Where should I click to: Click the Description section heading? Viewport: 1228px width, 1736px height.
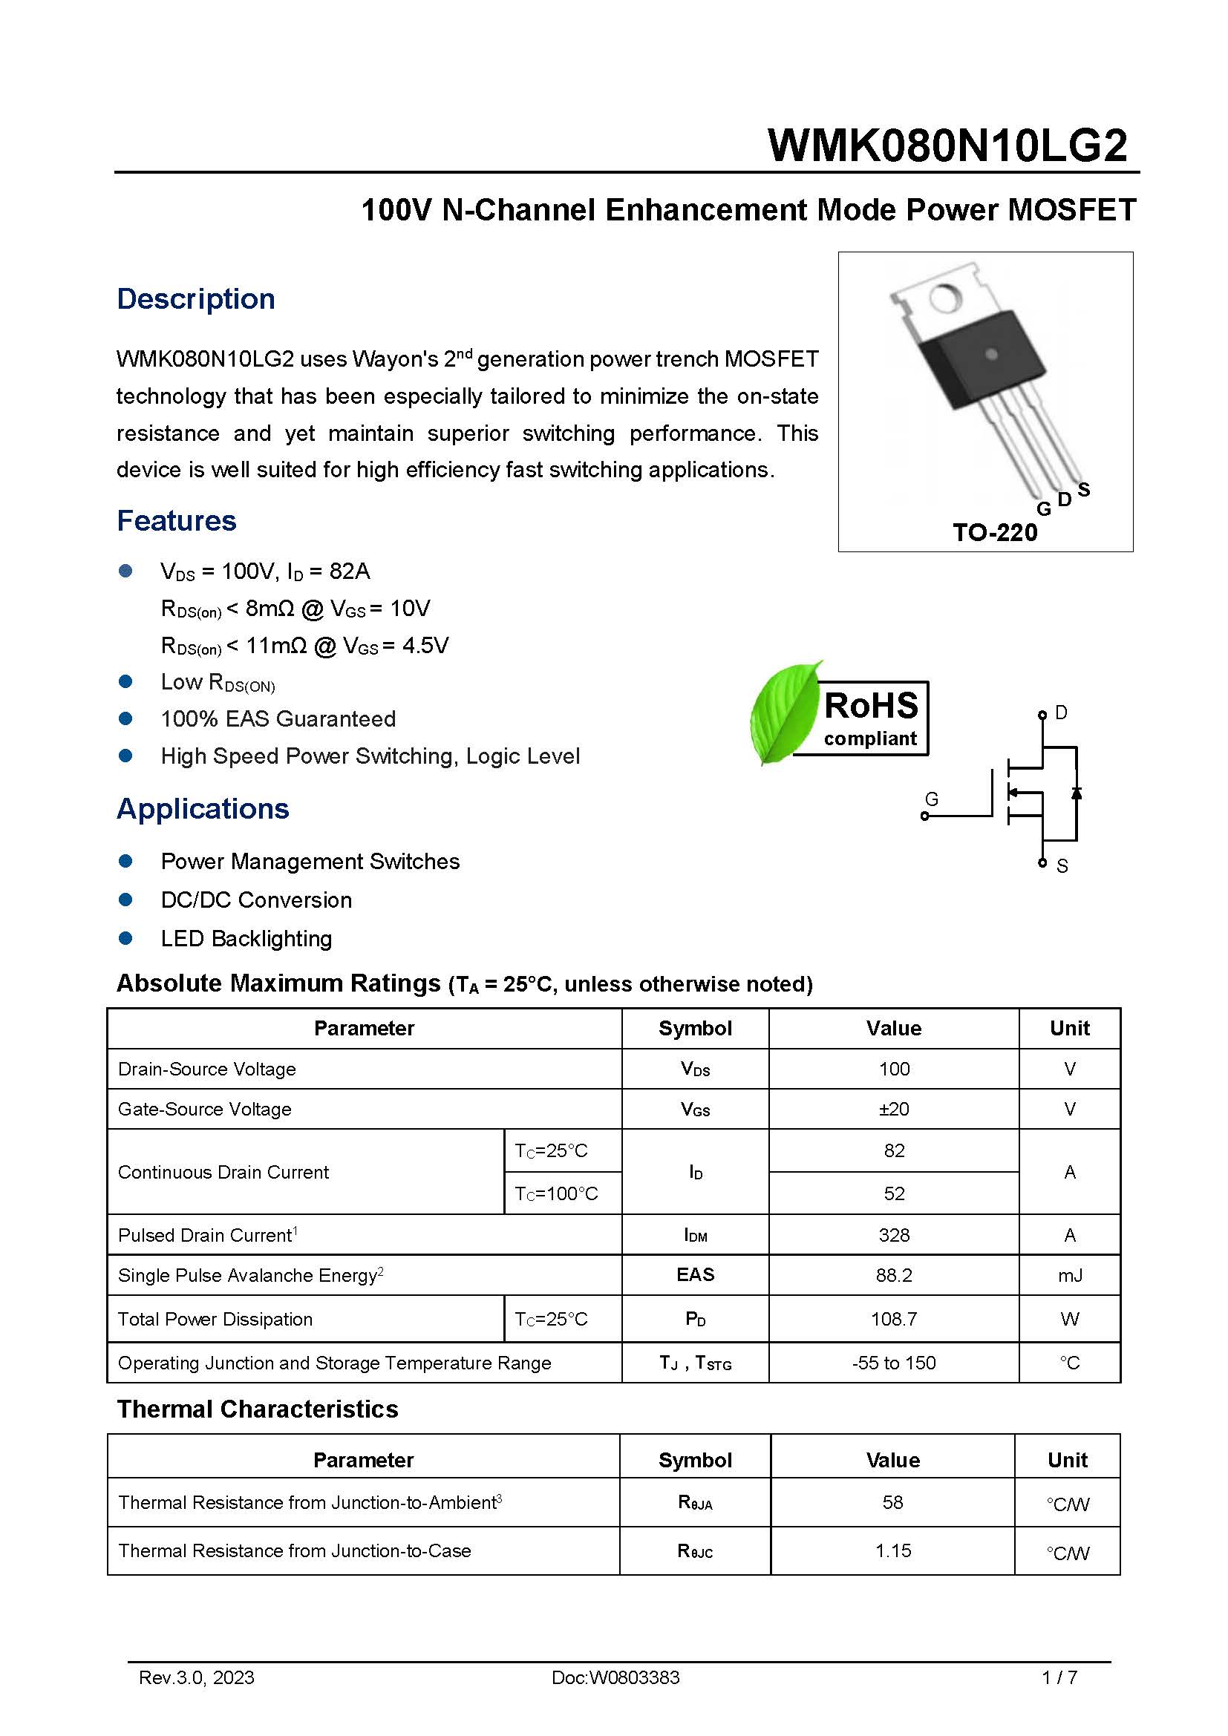click(195, 298)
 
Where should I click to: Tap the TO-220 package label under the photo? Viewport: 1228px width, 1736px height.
click(994, 532)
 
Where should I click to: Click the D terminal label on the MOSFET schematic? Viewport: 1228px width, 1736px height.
click(1061, 713)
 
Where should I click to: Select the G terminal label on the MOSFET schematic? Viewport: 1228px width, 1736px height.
click(932, 799)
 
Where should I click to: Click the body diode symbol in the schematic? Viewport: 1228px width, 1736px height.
click(1076, 793)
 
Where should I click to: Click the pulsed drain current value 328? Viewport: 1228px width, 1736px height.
click(893, 1235)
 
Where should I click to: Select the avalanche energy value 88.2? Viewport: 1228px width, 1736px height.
click(893, 1275)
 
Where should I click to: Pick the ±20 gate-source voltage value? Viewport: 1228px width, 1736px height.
click(893, 1109)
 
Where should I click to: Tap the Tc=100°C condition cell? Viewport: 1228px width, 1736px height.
click(556, 1193)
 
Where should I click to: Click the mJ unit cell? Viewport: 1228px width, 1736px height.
click(1069, 1276)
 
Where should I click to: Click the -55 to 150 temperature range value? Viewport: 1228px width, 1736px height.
click(893, 1363)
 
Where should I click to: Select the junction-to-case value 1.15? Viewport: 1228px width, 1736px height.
click(892, 1550)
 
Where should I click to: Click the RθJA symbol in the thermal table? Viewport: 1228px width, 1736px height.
click(694, 1502)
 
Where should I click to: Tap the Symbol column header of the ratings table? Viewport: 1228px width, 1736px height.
click(694, 1028)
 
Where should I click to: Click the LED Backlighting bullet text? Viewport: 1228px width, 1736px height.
click(246, 938)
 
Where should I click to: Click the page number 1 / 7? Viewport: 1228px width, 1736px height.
click(1059, 1678)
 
